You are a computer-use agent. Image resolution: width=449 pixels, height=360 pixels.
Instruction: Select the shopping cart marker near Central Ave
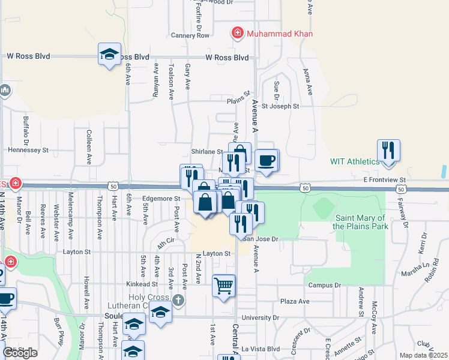(224, 286)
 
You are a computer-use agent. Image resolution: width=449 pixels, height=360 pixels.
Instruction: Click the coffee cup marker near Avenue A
(267, 160)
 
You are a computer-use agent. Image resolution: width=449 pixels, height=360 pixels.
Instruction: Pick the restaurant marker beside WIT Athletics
(389, 151)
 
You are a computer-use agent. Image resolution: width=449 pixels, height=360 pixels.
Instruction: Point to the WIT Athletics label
(355, 161)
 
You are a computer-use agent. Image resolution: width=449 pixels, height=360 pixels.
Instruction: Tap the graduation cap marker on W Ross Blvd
(110, 54)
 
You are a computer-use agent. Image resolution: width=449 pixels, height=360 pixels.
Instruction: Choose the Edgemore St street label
(161, 198)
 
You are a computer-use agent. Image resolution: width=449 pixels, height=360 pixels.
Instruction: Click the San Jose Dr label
(262, 238)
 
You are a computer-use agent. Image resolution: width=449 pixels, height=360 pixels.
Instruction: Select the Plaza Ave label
(295, 301)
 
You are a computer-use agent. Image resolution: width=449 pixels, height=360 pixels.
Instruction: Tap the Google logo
(20, 353)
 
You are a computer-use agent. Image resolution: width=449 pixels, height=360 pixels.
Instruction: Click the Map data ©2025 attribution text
(423, 355)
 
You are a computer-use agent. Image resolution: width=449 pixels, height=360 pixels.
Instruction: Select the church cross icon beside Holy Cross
(178, 299)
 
